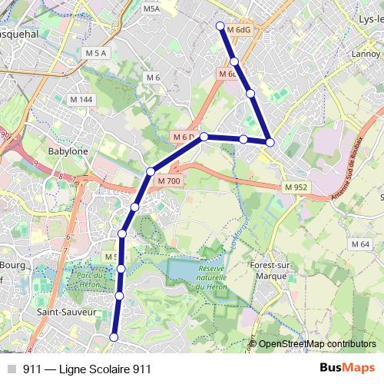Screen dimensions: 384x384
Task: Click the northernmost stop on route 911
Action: [220, 26]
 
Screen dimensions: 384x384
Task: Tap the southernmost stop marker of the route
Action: [114, 337]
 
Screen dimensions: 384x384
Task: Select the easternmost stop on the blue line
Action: [270, 142]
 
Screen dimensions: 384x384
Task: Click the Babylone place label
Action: [68, 151]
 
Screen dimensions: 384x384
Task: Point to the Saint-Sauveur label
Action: [66, 313]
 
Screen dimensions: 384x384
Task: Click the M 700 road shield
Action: [168, 180]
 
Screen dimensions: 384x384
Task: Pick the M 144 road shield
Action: [81, 100]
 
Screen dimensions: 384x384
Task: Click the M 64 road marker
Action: [360, 243]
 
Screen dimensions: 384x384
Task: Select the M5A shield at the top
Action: [151, 8]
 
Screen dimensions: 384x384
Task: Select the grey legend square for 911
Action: [11, 369]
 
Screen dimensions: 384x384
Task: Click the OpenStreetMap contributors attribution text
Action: [317, 344]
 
